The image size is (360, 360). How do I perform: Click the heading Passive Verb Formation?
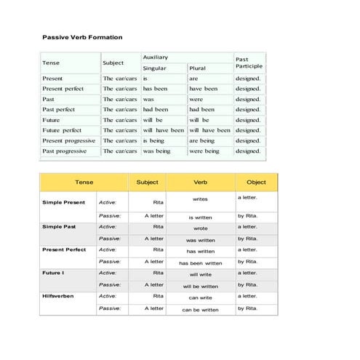pos(82,37)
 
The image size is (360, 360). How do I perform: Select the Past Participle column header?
pos(248,63)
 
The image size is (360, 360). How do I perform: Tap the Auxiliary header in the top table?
pos(156,57)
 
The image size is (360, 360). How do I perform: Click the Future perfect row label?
pos(63,130)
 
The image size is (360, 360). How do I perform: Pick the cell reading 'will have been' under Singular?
pos(164,130)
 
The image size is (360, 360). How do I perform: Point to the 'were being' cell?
pos(204,151)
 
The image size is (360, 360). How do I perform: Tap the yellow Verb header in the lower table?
pos(200,182)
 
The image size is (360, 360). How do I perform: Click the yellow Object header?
pos(256,182)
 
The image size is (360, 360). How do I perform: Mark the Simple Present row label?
pos(63,202)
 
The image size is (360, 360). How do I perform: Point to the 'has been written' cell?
pos(200,263)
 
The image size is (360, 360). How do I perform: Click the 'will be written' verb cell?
pos(200,287)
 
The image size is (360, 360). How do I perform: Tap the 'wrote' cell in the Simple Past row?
pos(200,228)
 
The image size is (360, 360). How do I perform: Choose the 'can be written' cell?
pos(200,310)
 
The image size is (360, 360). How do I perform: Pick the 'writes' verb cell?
pos(200,199)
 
